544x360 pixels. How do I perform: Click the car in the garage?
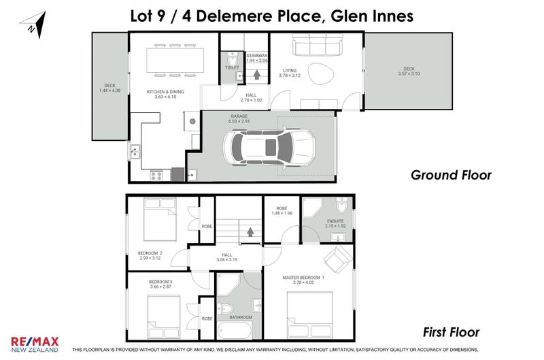[x=269, y=146]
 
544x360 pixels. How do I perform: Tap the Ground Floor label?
[x=451, y=175]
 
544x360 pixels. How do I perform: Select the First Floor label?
[x=451, y=333]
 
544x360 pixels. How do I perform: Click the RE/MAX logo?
[x=34, y=343]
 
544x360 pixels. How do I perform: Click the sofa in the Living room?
[x=317, y=47]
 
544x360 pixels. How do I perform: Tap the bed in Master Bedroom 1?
[x=309, y=314]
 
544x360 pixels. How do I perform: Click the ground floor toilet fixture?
[x=231, y=59]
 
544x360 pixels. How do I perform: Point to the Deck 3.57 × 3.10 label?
[x=408, y=71]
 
